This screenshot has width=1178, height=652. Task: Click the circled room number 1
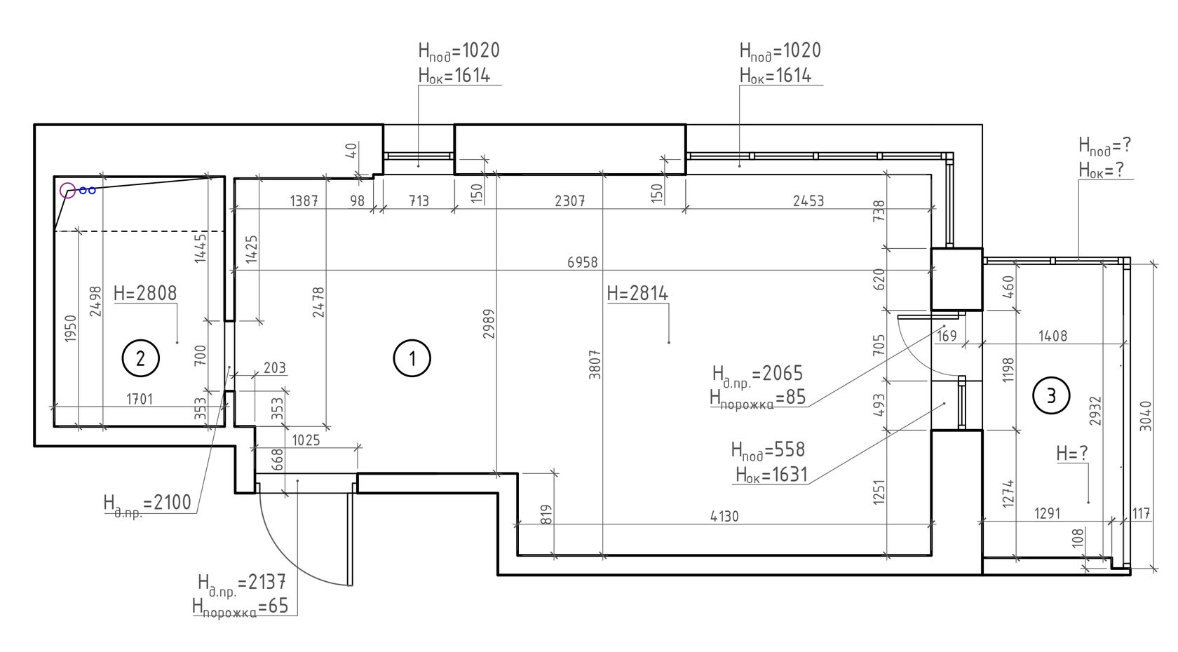point(412,359)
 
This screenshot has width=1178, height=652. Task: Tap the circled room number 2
point(140,359)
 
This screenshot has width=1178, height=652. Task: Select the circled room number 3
point(1051,395)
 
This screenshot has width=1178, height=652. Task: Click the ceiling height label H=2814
point(637,293)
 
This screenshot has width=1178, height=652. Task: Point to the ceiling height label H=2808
point(145,293)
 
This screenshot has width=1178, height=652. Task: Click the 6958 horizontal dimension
point(583,262)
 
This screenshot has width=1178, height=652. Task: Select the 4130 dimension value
point(724,516)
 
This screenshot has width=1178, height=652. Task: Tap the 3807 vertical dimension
point(595,365)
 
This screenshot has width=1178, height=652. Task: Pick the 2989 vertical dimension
point(489,323)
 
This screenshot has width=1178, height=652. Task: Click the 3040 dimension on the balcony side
point(1146,416)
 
